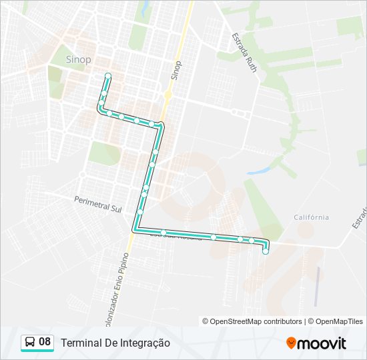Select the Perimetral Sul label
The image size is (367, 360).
pos(98,203)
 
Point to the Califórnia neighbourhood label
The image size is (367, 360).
pos(311,217)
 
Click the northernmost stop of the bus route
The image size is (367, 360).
pos(107,76)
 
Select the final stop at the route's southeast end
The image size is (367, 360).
pos(266,251)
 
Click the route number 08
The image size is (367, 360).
pos(45,342)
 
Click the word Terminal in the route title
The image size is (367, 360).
pos(82,343)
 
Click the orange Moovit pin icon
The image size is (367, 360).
pos(291,343)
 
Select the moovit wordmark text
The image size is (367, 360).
pos(322,343)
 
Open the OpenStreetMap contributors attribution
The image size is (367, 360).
pos(256,321)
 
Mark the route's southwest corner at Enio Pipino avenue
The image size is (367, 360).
pos(135,229)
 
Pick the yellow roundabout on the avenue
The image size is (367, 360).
pos(168,95)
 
